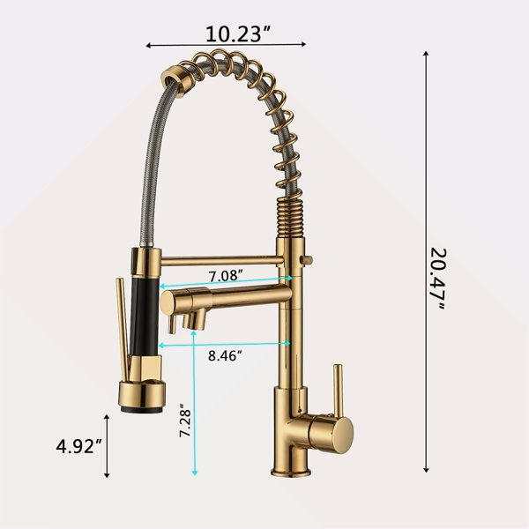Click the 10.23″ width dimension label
click(238, 34)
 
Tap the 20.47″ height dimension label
click(438, 279)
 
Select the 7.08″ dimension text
click(226, 276)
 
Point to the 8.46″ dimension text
click(225, 355)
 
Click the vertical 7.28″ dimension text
click(185, 420)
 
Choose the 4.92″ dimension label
click(79, 446)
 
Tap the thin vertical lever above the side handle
click(338, 390)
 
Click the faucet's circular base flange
click(291, 472)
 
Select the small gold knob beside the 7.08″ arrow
click(307, 260)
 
